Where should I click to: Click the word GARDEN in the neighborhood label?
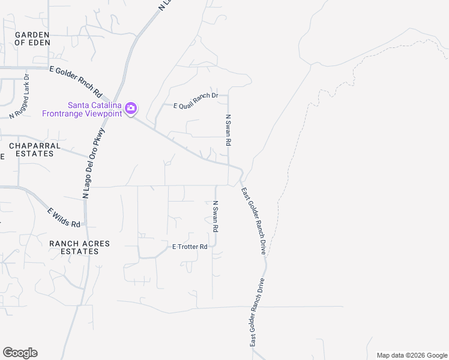click(x=32, y=35)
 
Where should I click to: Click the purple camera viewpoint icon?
click(x=131, y=109)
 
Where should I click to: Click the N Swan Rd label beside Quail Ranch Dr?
click(x=228, y=131)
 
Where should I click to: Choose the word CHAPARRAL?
click(x=31, y=146)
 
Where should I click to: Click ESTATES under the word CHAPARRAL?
click(x=31, y=154)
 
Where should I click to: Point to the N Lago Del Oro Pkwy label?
click(x=94, y=163)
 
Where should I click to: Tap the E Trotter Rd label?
click(x=190, y=247)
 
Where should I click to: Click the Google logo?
click(x=20, y=352)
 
